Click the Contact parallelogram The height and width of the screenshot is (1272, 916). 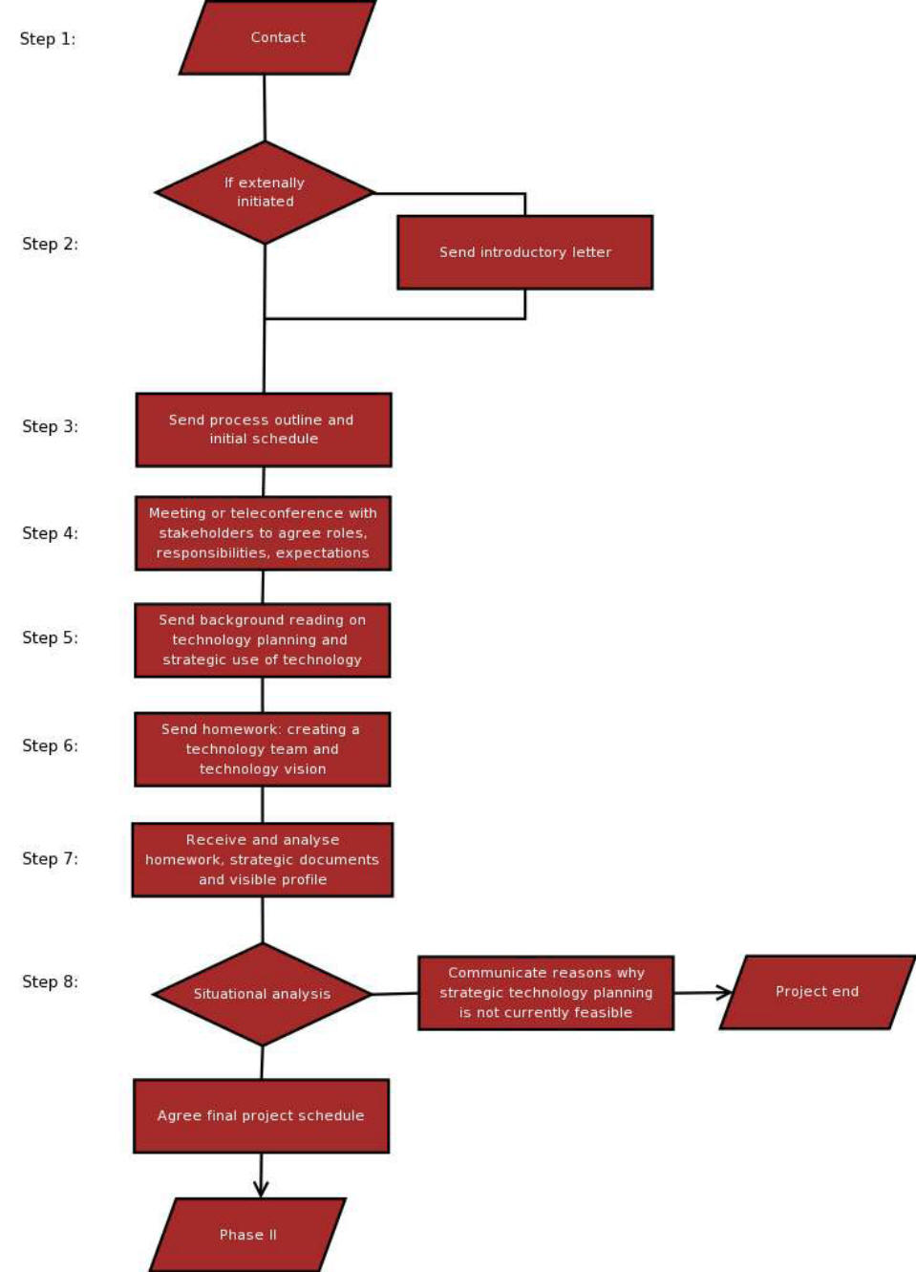click(278, 37)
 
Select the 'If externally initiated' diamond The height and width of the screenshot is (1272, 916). click(265, 192)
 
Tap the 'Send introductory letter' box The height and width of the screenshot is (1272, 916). click(525, 252)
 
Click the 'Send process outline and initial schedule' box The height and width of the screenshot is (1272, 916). click(264, 430)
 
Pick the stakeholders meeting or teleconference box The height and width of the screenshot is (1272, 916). click(263, 533)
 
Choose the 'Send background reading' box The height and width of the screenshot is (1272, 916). click(263, 640)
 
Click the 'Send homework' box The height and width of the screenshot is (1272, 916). click(263, 749)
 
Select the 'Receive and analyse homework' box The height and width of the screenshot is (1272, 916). click(263, 860)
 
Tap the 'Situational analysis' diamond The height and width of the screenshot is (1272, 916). click(263, 994)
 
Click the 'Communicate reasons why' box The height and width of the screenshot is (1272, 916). click(546, 993)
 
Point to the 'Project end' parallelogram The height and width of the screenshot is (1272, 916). click(818, 992)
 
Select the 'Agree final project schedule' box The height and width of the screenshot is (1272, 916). click(261, 1116)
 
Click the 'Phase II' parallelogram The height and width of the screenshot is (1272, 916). click(248, 1235)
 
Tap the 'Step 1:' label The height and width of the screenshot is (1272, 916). click(48, 39)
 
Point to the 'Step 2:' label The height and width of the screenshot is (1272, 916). click(50, 245)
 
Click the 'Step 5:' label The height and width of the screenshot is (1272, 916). click(50, 637)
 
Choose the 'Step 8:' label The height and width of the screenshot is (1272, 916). click(50, 981)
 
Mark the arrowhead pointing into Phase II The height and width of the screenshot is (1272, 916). click(261, 1190)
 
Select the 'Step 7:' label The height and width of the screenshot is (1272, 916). click(50, 858)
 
